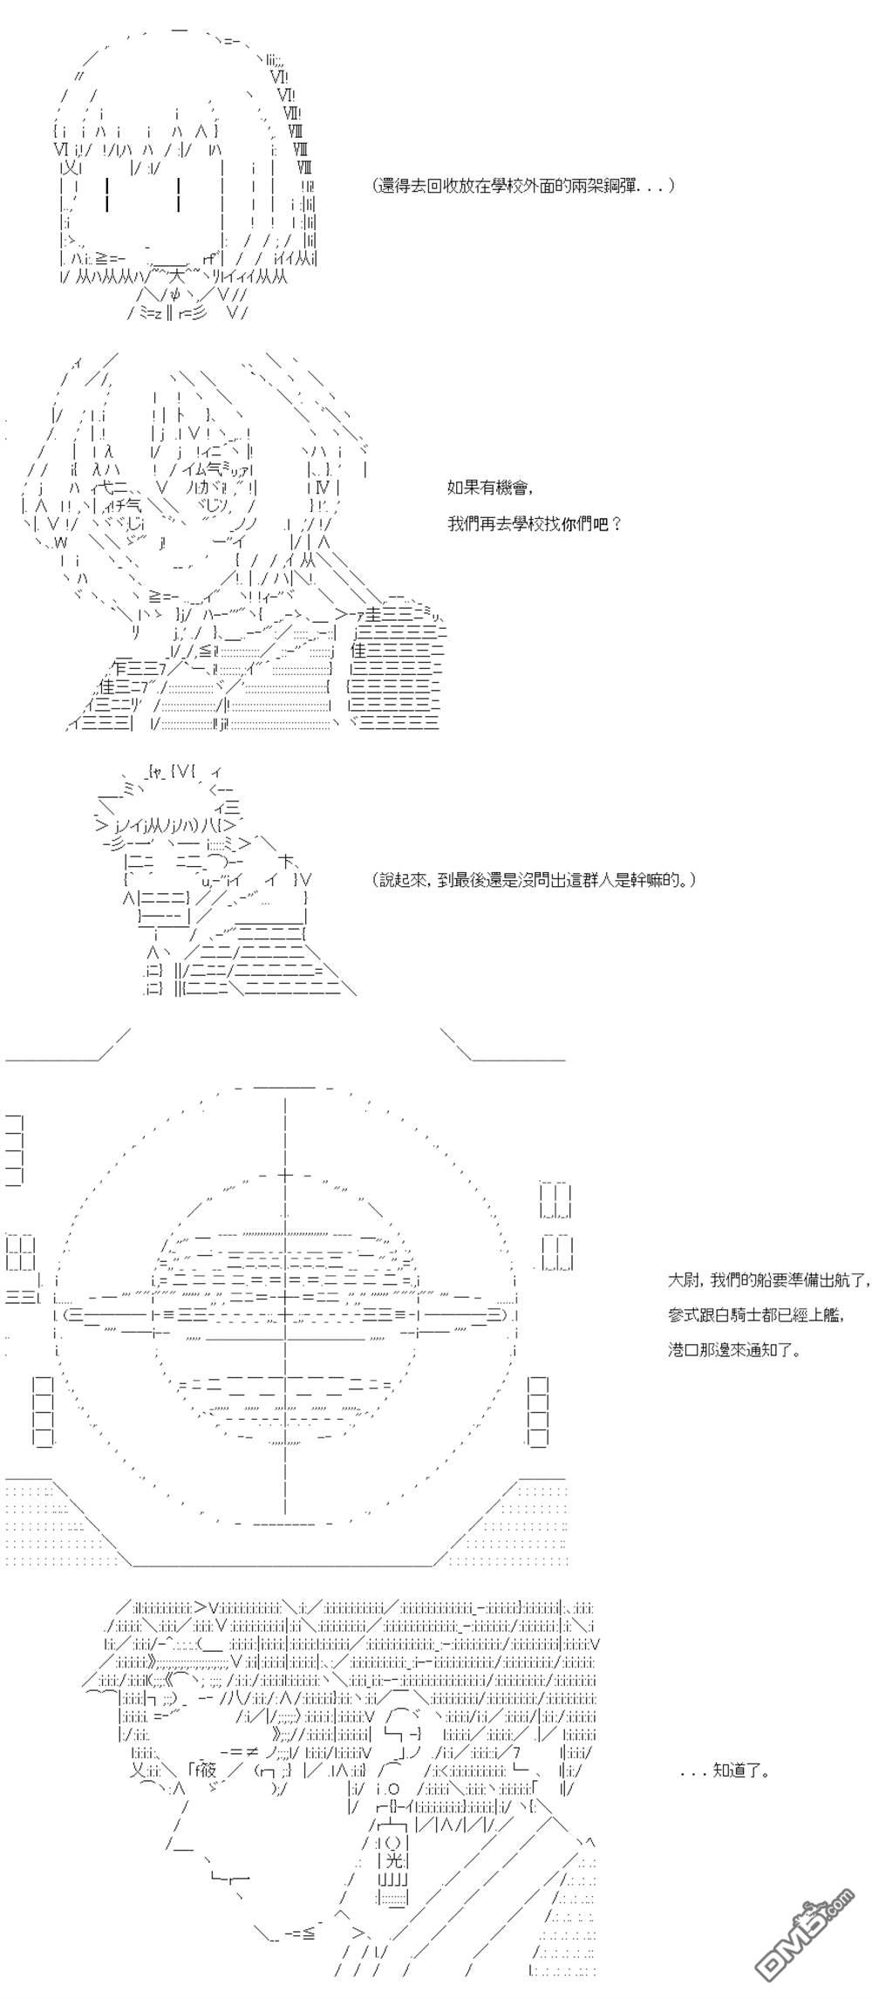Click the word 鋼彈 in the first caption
(x=620, y=186)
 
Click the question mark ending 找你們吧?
(x=617, y=525)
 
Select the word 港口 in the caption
(x=682, y=1350)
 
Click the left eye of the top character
(x=106, y=194)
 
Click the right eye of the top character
(x=179, y=194)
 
